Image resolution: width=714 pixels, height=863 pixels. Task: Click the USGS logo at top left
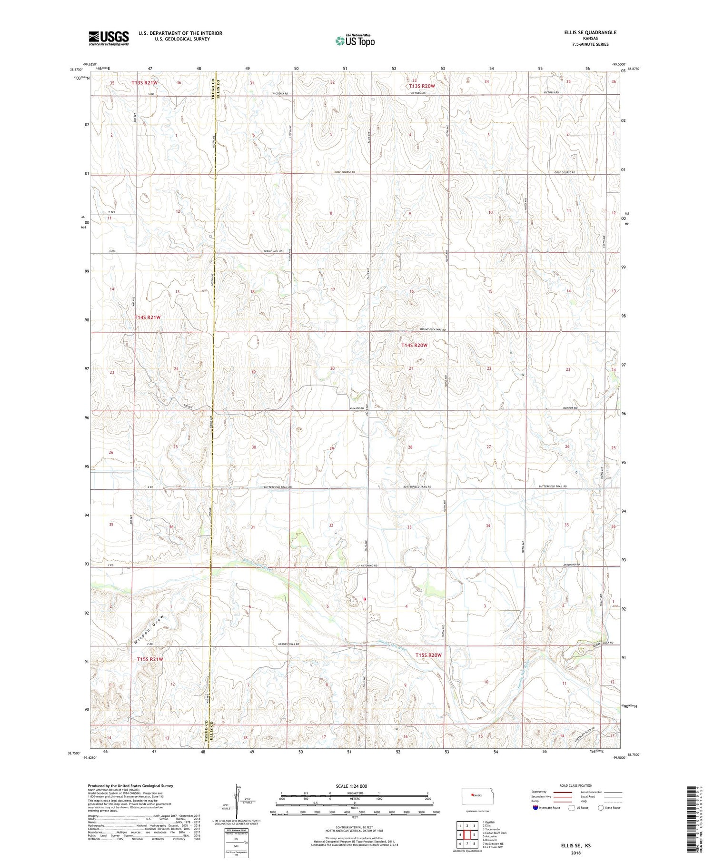tap(109, 38)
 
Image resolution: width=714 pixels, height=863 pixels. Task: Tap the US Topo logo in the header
tap(355, 41)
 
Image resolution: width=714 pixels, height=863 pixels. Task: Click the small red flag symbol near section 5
tap(365, 599)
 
